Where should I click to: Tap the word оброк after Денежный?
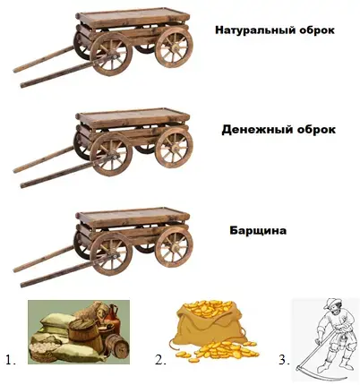coord(317,130)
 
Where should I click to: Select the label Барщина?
coord(258,230)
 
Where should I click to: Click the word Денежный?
coord(258,130)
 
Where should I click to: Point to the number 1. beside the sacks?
coord(11,360)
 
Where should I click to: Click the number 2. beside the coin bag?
coord(160,360)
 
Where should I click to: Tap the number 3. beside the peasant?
coord(285,360)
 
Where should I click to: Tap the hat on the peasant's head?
coord(330,304)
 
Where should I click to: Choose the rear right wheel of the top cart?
coord(174,47)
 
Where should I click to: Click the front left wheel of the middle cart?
coord(111,154)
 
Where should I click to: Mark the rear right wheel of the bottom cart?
coord(174,247)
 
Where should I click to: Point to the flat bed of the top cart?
coord(133,15)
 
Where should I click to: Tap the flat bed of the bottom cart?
coord(133,216)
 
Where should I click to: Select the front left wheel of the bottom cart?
coord(111,254)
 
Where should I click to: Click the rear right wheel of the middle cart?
coord(174,148)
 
